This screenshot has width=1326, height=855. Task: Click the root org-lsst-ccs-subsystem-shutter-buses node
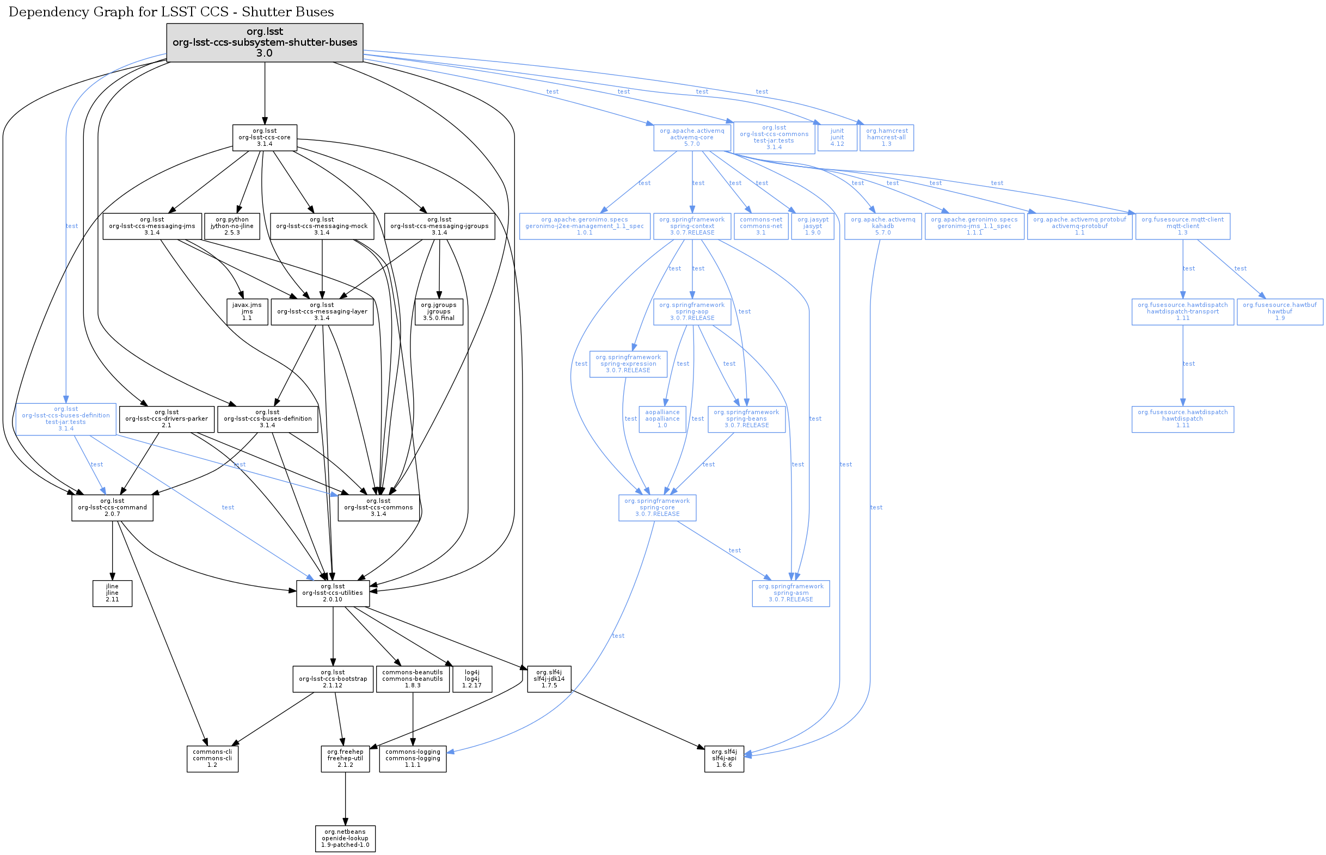click(x=265, y=42)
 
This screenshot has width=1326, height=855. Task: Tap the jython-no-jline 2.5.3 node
click(x=232, y=226)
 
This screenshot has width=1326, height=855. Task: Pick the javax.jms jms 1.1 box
click(x=247, y=312)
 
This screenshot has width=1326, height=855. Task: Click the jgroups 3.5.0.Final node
click(x=439, y=312)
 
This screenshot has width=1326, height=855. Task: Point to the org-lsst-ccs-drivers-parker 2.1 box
click(x=167, y=419)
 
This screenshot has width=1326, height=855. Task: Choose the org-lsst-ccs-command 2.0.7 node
click(x=112, y=508)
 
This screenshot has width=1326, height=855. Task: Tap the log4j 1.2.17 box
click(x=472, y=679)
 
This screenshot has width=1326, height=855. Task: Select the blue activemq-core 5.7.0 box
click(x=692, y=138)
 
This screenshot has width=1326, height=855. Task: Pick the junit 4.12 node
click(x=837, y=138)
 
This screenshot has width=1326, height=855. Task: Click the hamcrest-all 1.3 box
click(x=887, y=138)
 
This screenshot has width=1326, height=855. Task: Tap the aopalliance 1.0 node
click(x=662, y=419)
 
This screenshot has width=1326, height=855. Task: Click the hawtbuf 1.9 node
click(x=1280, y=312)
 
